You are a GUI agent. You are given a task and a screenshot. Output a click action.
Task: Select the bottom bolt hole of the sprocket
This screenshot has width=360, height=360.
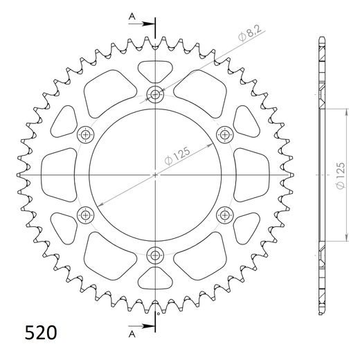coord(154,253)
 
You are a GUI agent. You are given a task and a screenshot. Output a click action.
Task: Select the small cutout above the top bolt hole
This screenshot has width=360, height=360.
coord(154,70)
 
